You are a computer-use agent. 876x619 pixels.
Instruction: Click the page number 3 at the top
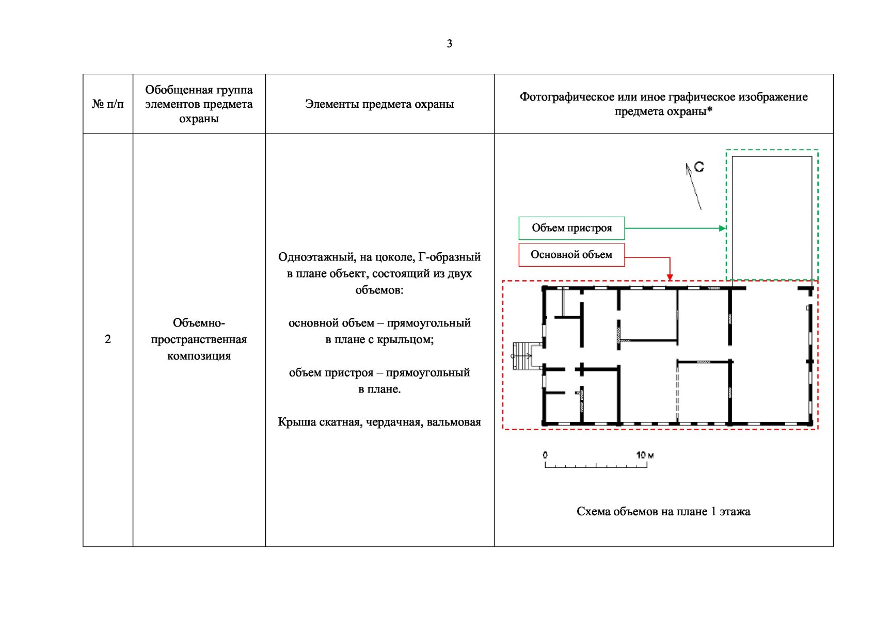449,44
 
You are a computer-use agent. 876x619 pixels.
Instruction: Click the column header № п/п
108,104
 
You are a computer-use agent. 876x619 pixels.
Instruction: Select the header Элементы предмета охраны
379,104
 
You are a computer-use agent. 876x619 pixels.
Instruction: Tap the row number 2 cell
108,339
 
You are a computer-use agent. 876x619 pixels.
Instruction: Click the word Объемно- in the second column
199,323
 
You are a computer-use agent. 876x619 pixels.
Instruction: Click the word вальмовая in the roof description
454,422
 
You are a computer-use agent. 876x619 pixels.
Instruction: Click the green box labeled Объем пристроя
571,228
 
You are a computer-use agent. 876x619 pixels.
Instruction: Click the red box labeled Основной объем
571,255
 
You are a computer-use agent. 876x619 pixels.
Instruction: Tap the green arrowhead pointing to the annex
723,228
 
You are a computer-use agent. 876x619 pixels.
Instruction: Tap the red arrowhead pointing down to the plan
670,278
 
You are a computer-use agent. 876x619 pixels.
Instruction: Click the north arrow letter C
699,167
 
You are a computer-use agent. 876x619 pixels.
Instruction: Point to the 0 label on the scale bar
545,455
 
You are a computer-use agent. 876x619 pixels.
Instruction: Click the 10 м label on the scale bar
645,455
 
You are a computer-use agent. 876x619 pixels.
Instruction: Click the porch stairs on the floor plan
522,356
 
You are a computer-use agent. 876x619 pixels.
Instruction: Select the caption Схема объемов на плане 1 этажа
663,512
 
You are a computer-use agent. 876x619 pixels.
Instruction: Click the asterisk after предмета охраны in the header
710,110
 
